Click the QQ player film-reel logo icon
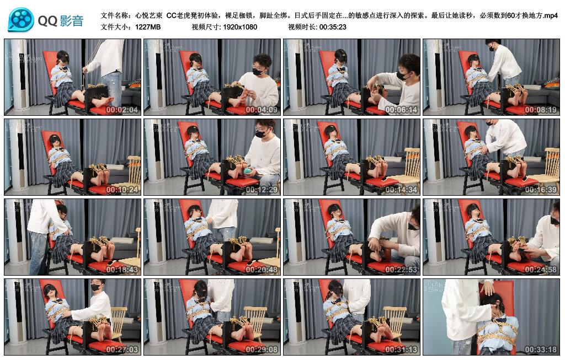(21, 20)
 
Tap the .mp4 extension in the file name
(550, 15)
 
